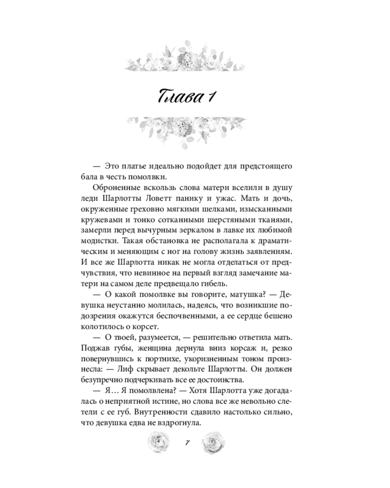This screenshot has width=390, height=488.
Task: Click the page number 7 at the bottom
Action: pyautogui.click(x=188, y=442)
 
